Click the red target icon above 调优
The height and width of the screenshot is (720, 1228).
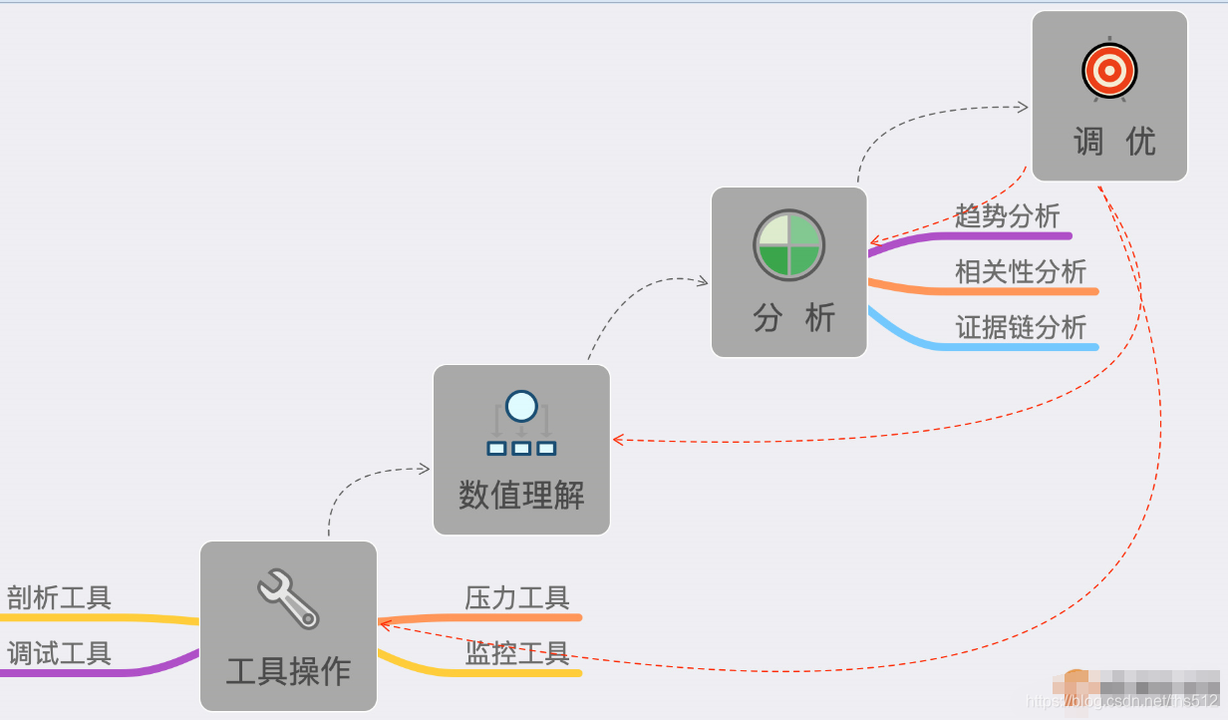point(1109,70)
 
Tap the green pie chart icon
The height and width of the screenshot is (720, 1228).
point(788,244)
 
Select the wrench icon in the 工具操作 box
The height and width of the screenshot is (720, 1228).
point(288,598)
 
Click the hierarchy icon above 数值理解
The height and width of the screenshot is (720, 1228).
point(521,424)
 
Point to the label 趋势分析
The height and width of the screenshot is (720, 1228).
point(1007,215)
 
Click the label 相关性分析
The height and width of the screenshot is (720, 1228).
point(1021,271)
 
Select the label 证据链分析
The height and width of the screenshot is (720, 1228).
point(1021,327)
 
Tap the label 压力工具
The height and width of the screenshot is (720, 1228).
point(516,597)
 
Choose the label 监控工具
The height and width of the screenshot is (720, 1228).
point(516,653)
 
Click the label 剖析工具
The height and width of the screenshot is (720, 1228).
point(60,597)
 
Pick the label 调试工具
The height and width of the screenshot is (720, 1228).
point(60,653)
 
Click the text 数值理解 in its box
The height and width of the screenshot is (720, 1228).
point(521,495)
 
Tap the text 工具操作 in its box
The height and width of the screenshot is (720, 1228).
point(288,670)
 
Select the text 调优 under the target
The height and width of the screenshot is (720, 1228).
point(1114,142)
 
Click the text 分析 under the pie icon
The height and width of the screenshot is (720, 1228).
point(793,318)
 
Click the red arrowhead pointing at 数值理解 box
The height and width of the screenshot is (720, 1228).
point(618,439)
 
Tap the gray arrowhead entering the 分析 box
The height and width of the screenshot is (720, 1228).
point(703,281)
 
